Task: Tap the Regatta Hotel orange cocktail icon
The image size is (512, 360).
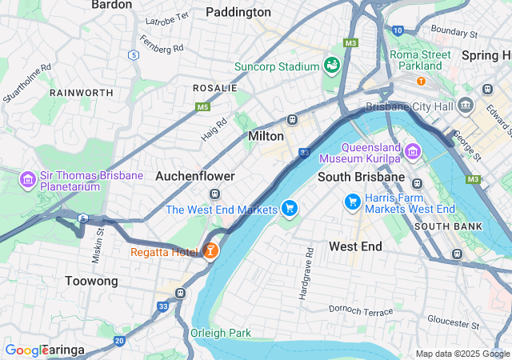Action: [x=210, y=252]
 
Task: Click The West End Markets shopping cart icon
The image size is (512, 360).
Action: [x=290, y=210]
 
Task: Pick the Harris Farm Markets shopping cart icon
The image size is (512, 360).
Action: [x=352, y=202]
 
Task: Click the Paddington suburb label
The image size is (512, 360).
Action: [x=238, y=12]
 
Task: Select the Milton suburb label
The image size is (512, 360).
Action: [x=266, y=136]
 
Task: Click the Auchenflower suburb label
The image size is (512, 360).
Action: [x=195, y=175]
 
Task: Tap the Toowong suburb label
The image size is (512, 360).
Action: [x=91, y=281]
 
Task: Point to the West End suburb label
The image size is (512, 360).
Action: [x=355, y=246]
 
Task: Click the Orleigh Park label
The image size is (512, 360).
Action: [x=221, y=333]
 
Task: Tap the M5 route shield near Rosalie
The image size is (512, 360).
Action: [x=202, y=106]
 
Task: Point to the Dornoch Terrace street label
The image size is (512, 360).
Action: [x=362, y=310]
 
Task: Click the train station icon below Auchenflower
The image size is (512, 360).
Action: [x=214, y=194]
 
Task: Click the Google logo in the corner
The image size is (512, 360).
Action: [x=26, y=350]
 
